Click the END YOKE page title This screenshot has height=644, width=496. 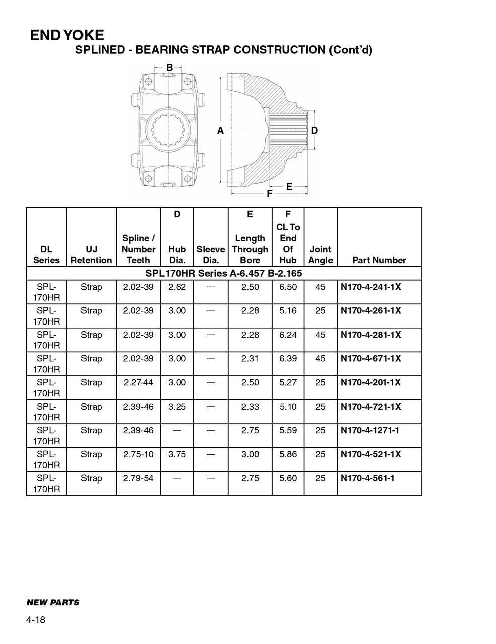pyautogui.click(x=67, y=35)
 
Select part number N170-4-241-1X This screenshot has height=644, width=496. pyautogui.click(x=371, y=287)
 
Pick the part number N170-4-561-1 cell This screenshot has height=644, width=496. pyautogui.click(x=367, y=478)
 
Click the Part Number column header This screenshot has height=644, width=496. pyautogui.click(x=379, y=260)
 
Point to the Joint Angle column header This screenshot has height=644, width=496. pyautogui.click(x=320, y=255)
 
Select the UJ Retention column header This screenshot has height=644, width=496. pyautogui.click(x=91, y=255)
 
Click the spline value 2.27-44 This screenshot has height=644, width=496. pyautogui.click(x=138, y=382)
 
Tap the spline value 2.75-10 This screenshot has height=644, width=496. pyautogui.click(x=138, y=454)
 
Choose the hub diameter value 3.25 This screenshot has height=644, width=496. pyautogui.click(x=177, y=407)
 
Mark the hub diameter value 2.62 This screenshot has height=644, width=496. pyautogui.click(x=177, y=287)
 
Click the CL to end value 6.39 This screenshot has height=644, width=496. pyautogui.click(x=288, y=358)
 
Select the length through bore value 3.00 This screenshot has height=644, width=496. pyautogui.click(x=250, y=454)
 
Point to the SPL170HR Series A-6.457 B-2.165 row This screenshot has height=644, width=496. pyautogui.click(x=223, y=273)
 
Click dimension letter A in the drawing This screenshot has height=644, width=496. pyautogui.click(x=220, y=131)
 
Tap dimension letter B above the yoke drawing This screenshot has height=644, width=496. pyautogui.click(x=170, y=68)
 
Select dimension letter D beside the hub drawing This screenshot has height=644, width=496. pyautogui.click(x=314, y=131)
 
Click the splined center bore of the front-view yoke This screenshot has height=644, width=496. pyautogui.click(x=169, y=130)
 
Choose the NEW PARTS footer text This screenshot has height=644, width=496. pyautogui.click(x=53, y=602)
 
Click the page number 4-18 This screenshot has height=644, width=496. pyautogui.click(x=36, y=620)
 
